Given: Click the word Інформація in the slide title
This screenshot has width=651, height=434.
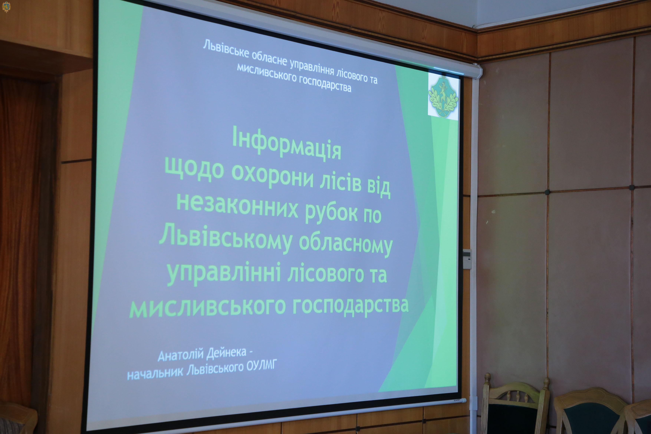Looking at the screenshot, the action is coord(287,145).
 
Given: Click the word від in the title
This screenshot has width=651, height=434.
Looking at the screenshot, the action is coord(379,188).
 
